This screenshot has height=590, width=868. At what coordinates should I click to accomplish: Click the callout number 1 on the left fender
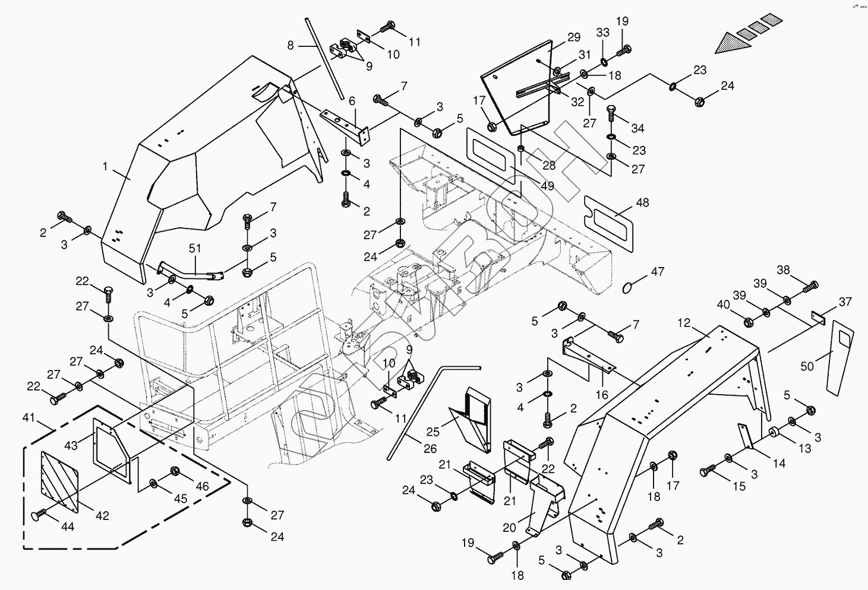[105, 167]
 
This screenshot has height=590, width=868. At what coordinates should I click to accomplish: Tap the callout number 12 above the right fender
[684, 323]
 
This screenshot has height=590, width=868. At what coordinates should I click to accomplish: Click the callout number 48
[642, 202]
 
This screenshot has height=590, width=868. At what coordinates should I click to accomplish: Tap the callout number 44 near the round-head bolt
[68, 526]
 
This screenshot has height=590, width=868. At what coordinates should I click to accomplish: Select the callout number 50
[807, 367]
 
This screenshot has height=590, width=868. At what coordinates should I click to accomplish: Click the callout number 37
[845, 302]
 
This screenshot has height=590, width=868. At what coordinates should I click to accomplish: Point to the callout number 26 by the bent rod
[430, 449]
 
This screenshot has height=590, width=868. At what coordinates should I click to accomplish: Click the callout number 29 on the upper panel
[573, 37]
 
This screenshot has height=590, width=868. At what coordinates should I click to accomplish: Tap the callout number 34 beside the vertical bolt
[637, 128]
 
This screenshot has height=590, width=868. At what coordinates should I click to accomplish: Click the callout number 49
[547, 186]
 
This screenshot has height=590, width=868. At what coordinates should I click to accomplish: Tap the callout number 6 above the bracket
[352, 101]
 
